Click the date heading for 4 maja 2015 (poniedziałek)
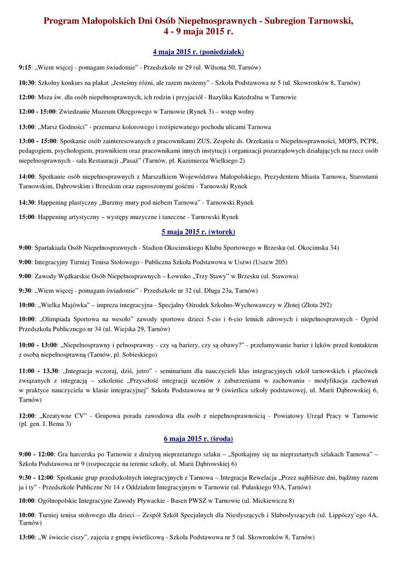[198, 52]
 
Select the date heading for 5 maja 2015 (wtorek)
[198, 232]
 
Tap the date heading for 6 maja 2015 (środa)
[198, 439]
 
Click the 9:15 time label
[25, 68]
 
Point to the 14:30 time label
[26, 203]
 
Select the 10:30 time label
[26, 83]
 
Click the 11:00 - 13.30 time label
[38, 370]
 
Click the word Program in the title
[61, 21]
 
